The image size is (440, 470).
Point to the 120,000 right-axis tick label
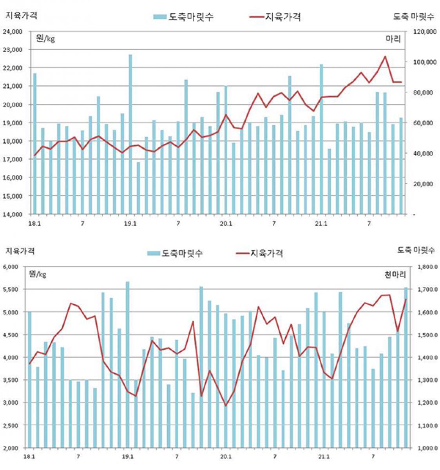(x=425, y=31)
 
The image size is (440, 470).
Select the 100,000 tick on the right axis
(x=425, y=62)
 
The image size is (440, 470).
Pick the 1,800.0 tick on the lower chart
(x=426, y=267)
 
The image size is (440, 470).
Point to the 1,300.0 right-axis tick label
(x=426, y=380)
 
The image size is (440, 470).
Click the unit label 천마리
(x=395, y=275)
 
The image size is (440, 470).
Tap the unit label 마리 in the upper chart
(x=393, y=39)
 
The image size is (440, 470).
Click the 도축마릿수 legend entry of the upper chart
(x=184, y=17)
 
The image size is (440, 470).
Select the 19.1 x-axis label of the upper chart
(x=130, y=224)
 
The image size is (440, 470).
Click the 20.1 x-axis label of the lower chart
(x=226, y=457)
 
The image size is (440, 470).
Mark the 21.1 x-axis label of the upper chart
(x=321, y=224)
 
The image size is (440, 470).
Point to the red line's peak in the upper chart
(x=385, y=56)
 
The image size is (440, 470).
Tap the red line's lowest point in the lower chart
(x=226, y=406)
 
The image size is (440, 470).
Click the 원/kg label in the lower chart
(x=38, y=274)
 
